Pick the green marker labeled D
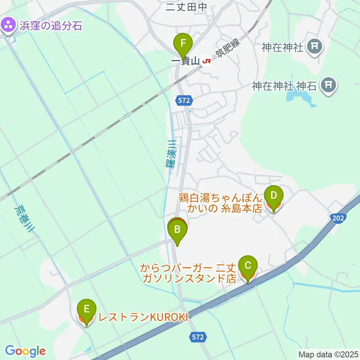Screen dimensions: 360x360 pyautogui.click(x=273, y=196)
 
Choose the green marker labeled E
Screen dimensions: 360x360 pyautogui.click(x=86, y=310)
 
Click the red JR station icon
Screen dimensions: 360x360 pyautogui.click(x=207, y=60)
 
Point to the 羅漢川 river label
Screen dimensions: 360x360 pyautogui.click(x=172, y=154)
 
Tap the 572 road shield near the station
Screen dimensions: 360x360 pyautogui.click(x=184, y=100)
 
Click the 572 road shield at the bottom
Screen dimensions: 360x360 pyautogui.click(x=198, y=337)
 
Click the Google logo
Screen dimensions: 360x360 pyautogui.click(x=25, y=351)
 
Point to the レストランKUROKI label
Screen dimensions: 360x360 pyautogui.click(x=142, y=317)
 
